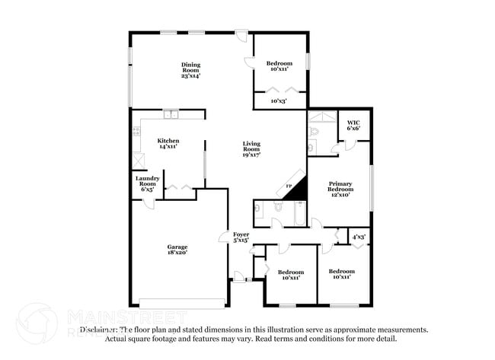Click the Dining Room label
click(x=190, y=70)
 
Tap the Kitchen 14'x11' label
click(x=168, y=143)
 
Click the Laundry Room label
click(x=147, y=183)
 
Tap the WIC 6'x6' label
click(x=353, y=125)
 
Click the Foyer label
click(x=241, y=237)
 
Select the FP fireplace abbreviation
click(x=289, y=186)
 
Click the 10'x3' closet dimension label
click(x=279, y=99)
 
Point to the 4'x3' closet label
click(x=357, y=237)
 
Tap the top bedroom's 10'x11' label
click(x=279, y=66)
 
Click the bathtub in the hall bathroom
click(x=294, y=215)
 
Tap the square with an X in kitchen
click(x=139, y=159)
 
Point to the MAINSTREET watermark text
click(x=126, y=315)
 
